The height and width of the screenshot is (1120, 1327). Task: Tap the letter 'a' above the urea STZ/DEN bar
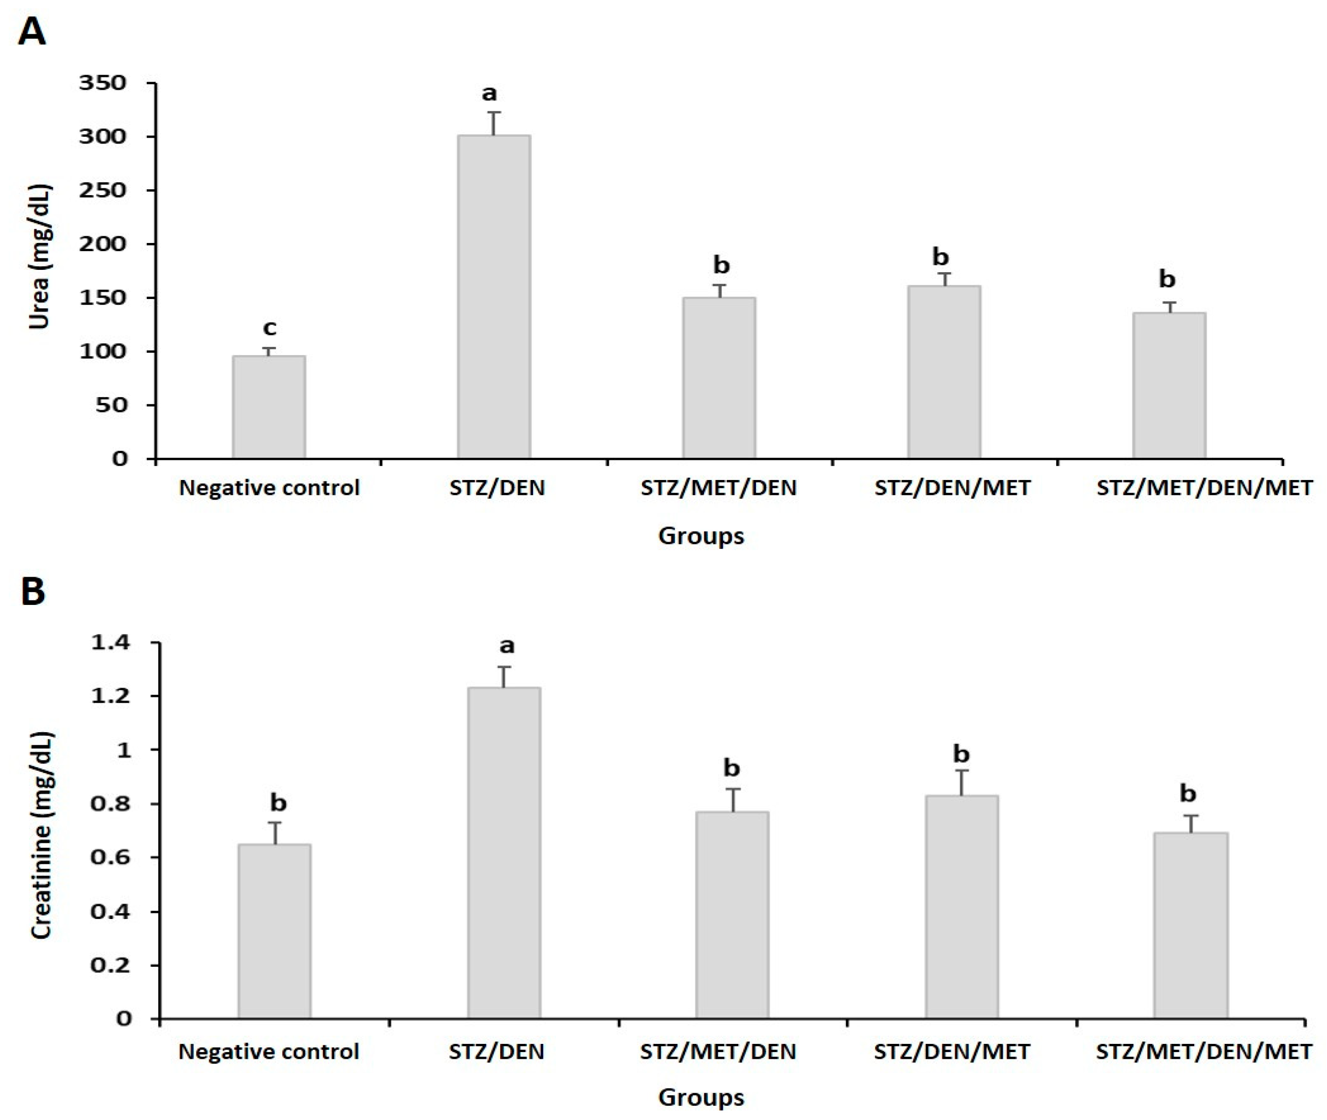[489, 94]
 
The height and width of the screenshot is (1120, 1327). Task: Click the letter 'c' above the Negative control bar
[270, 328]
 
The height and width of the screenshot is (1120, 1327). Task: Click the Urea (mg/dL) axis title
[39, 257]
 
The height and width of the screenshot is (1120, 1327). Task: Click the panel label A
[32, 32]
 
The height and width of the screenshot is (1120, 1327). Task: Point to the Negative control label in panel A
[270, 488]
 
